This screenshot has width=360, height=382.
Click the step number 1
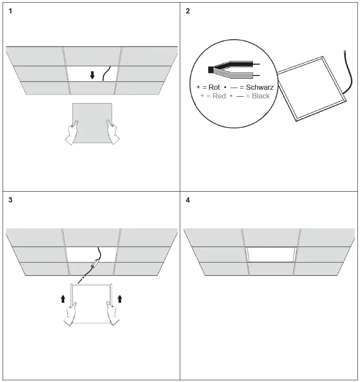[x=10, y=11]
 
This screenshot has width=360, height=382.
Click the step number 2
[x=188, y=11]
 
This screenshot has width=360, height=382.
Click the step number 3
[x=10, y=200]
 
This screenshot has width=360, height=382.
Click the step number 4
[x=188, y=200]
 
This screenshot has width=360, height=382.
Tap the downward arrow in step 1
[x=92, y=76]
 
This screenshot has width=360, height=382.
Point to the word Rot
[x=214, y=87]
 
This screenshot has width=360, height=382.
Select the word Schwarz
[x=260, y=87]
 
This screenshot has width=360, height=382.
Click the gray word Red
[x=219, y=96]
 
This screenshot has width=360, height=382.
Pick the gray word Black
[x=260, y=96]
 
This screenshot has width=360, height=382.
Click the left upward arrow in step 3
[x=63, y=298]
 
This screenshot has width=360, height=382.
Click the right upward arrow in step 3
[x=119, y=298]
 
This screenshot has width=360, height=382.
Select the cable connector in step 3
[x=95, y=263]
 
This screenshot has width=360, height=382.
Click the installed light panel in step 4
[x=271, y=254]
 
